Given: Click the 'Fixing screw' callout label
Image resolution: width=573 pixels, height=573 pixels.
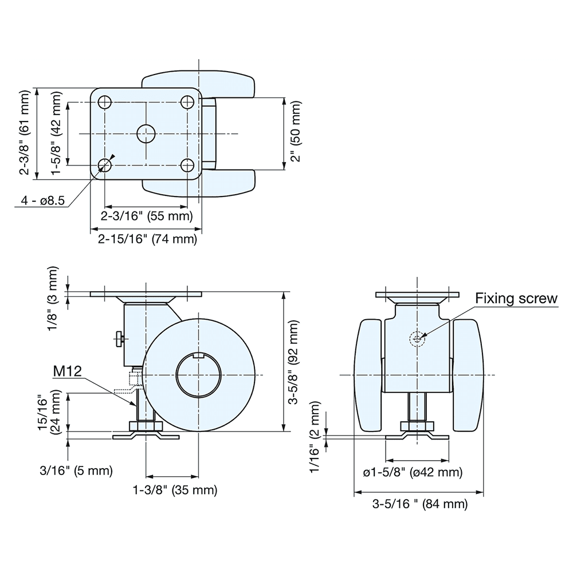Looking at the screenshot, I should (x=516, y=299).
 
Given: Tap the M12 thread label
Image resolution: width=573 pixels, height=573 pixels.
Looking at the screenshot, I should (x=68, y=371).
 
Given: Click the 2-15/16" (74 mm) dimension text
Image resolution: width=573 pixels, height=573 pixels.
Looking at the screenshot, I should (x=147, y=240).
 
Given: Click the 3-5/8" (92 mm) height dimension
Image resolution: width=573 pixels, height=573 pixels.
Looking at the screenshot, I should (x=294, y=363).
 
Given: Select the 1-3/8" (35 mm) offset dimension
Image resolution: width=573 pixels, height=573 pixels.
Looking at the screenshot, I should (x=175, y=490).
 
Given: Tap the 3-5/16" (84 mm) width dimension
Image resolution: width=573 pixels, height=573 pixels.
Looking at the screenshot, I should (x=420, y=504).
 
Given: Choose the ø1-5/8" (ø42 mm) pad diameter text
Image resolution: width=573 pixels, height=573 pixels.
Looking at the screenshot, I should (x=413, y=472).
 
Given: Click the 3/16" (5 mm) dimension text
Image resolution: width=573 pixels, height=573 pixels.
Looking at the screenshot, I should (x=76, y=471).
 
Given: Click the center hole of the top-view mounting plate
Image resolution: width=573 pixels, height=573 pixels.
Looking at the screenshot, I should (x=146, y=134).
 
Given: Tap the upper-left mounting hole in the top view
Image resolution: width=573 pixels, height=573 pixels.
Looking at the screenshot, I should (x=105, y=103).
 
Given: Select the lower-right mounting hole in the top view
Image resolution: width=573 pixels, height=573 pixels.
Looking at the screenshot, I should (x=187, y=166).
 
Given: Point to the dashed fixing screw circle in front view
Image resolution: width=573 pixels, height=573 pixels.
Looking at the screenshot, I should (x=417, y=339).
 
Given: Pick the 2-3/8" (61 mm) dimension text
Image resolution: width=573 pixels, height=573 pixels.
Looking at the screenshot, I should (x=25, y=133).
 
